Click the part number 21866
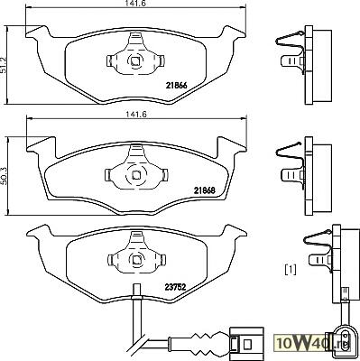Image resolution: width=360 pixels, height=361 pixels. tap(176, 86)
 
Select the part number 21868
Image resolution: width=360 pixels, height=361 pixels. tap(205, 190)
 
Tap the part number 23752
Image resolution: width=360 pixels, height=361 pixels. tap(176, 287)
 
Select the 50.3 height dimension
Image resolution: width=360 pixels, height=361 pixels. tap(4, 175)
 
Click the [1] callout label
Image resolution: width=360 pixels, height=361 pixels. tap(291, 270)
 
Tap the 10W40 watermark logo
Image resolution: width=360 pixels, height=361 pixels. tap(313, 343)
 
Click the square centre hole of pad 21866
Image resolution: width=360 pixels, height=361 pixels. tap(135, 61)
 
